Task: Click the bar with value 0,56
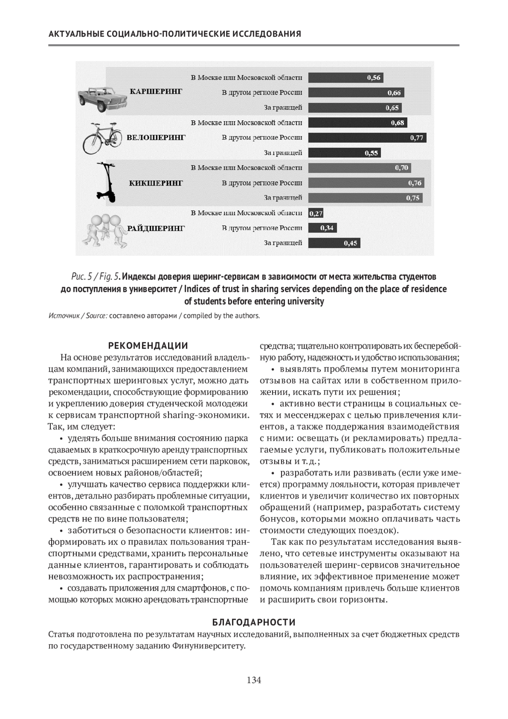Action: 345,78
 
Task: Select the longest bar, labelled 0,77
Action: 367,138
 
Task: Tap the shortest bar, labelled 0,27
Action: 315,214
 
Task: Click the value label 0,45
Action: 351,243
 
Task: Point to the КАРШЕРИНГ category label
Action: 156,91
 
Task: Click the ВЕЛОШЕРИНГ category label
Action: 156,138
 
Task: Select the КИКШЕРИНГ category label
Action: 156,183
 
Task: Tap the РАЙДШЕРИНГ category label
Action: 156,228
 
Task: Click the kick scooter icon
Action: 107,183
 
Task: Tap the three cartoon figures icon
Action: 105,230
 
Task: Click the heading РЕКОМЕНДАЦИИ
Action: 148,346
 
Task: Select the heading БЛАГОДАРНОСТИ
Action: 254,622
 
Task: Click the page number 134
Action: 254,680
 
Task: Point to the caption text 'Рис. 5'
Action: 81,277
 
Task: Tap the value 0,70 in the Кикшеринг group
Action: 402,168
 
